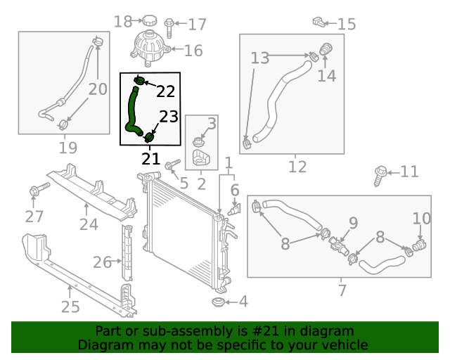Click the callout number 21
pyautogui.click(x=150, y=158)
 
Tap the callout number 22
pyautogui.click(x=165, y=91)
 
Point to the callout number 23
pyautogui.click(x=169, y=117)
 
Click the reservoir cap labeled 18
pyautogui.click(x=149, y=21)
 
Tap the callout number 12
pyautogui.click(x=297, y=167)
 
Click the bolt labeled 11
pyautogui.click(x=380, y=173)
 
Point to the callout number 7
pyautogui.click(x=342, y=290)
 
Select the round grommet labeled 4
pyautogui.click(x=219, y=302)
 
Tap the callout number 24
pyautogui.click(x=88, y=224)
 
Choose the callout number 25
pyautogui.click(x=70, y=307)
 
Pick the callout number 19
pyautogui.click(x=67, y=148)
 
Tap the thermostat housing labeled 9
pyautogui.click(x=338, y=246)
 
